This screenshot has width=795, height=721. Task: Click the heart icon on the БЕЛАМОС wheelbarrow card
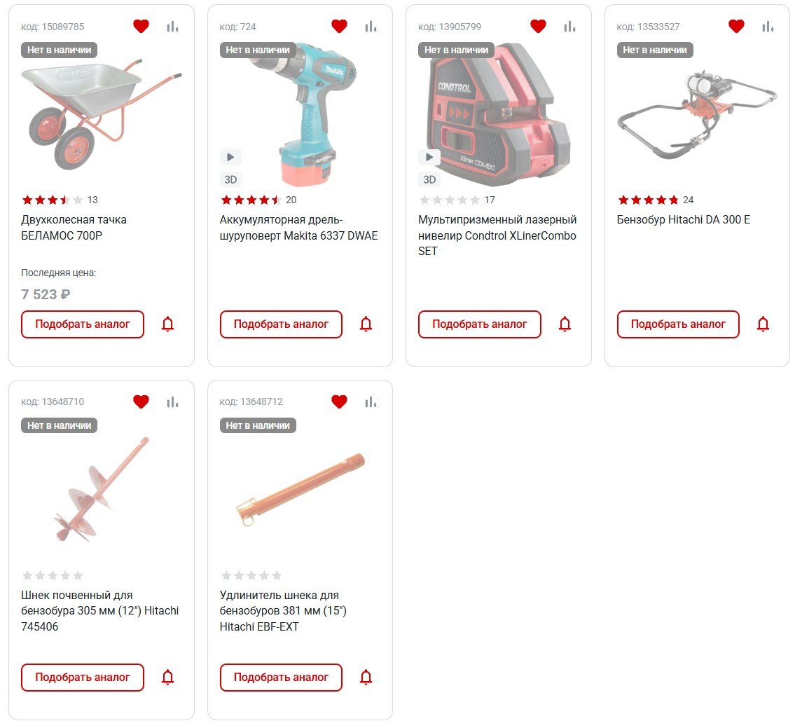coord(141,26)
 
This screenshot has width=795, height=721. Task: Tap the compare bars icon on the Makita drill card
coord(371,27)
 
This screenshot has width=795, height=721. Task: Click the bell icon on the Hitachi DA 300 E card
coord(763,324)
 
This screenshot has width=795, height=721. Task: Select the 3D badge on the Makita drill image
coord(230,179)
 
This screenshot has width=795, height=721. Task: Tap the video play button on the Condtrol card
coord(429,157)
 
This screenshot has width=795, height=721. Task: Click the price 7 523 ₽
coord(46,294)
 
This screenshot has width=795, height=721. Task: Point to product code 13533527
coord(648,27)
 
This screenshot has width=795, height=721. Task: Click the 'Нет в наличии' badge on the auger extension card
coord(258,425)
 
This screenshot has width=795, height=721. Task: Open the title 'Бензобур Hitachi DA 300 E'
coord(684,219)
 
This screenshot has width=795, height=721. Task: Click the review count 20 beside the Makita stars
coord(291,200)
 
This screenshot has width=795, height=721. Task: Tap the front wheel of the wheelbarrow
coord(74,148)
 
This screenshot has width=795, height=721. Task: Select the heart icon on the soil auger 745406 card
coord(141,401)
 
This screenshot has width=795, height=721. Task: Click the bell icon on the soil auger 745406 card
coord(168,678)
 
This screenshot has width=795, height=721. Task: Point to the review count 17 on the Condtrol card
coord(490,200)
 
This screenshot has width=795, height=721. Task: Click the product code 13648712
coord(251,401)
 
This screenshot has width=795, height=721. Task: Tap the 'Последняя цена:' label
coord(58,273)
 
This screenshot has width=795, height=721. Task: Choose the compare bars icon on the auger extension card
coord(371,402)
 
